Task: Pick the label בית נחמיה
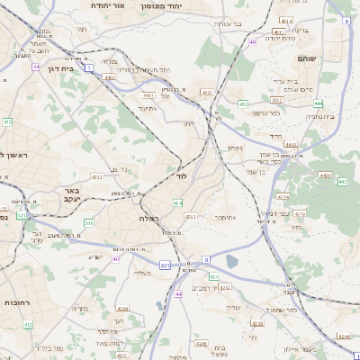tap(319, 116)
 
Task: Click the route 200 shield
tap(88, 222)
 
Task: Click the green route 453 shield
tap(243, 104)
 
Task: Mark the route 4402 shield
tap(109, 78)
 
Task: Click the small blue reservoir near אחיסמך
tap(233, 262)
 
